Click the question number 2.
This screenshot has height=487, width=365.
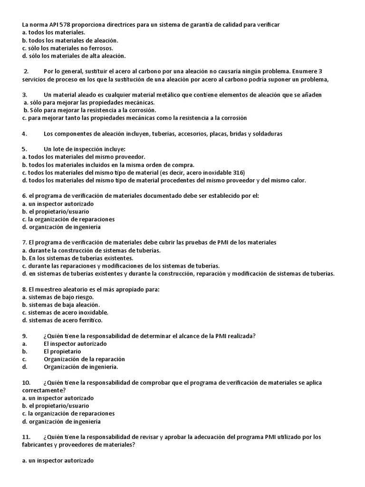click(x=26, y=72)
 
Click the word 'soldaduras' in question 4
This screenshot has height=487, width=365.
click(x=268, y=134)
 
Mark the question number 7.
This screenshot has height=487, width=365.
click(x=24, y=243)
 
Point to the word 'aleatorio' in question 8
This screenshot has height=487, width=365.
click(x=70, y=289)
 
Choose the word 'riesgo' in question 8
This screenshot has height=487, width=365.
click(x=91, y=297)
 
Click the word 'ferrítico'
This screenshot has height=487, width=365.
click(x=88, y=321)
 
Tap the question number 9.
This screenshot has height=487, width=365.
click(x=25, y=336)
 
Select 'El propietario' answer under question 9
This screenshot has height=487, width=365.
click(x=62, y=351)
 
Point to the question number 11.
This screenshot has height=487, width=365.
click(x=26, y=437)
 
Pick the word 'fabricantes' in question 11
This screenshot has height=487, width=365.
click(x=38, y=445)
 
